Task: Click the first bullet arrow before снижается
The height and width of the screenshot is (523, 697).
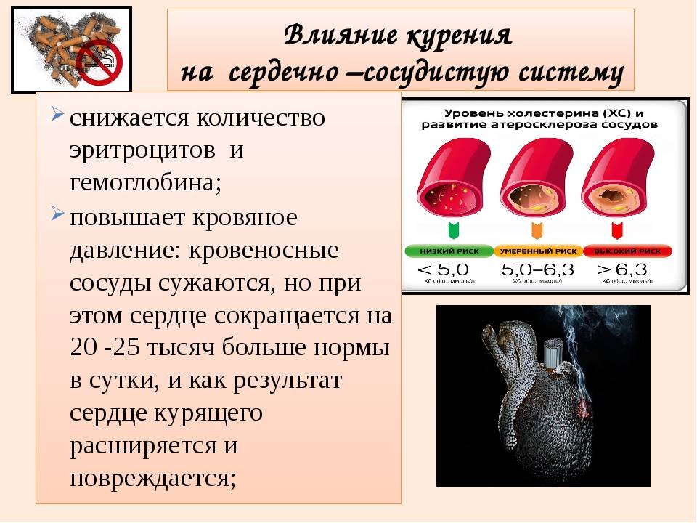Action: click(x=57, y=117)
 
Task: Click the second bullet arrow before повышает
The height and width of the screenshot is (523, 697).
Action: click(x=57, y=216)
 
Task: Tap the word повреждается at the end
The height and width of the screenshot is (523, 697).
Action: click(x=153, y=478)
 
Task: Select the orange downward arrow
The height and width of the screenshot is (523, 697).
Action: click(x=537, y=230)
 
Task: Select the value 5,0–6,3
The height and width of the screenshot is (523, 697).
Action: click(x=537, y=269)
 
